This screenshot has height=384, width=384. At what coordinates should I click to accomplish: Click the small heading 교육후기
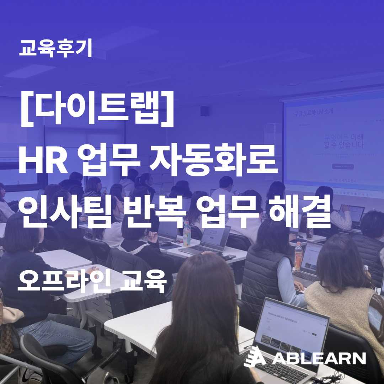(x=56, y=49)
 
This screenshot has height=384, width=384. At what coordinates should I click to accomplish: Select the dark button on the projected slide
(x=342, y=166)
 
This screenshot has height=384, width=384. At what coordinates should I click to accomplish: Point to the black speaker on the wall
(x=204, y=111)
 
